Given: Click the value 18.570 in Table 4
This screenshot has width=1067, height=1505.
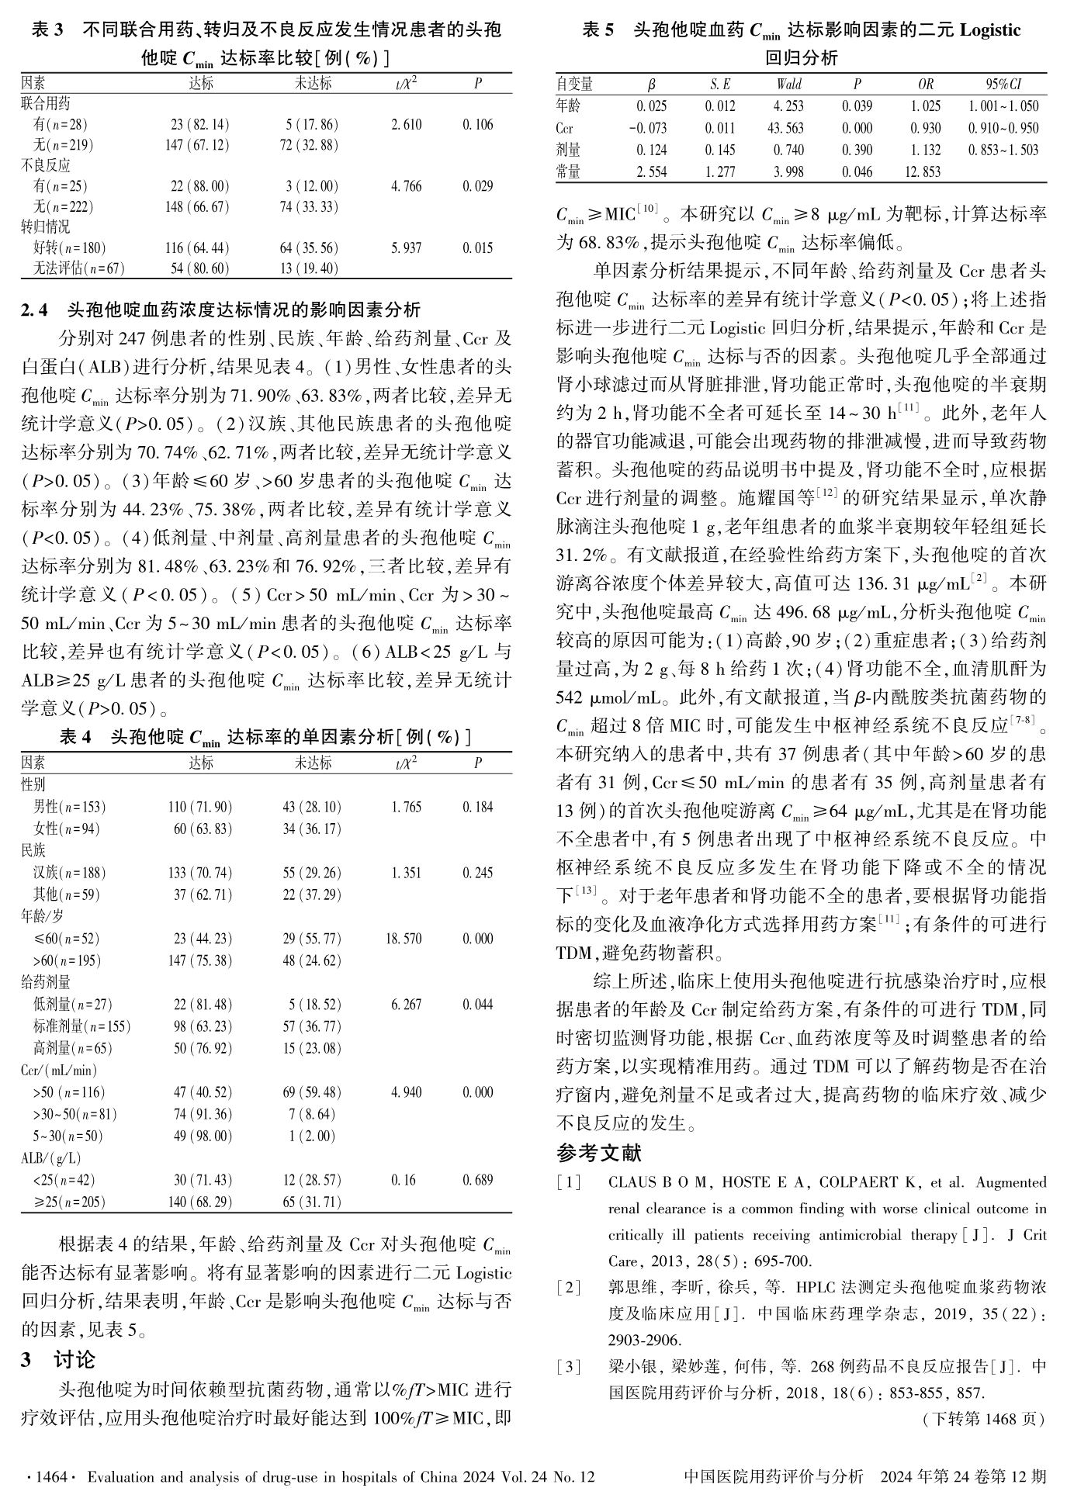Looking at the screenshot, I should (x=404, y=939).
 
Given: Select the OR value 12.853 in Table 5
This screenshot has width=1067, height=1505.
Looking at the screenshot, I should (x=926, y=172).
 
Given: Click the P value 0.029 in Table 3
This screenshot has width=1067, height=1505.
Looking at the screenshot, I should (x=477, y=186).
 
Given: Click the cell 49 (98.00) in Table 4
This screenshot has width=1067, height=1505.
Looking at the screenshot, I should (x=203, y=1137).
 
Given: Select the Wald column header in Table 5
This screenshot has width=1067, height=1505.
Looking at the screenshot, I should (x=788, y=85).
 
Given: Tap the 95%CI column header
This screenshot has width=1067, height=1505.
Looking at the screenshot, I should (x=1003, y=85).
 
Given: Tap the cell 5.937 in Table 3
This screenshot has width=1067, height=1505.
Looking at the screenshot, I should (x=407, y=248).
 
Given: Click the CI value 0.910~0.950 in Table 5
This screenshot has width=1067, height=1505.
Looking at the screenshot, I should (x=1003, y=128).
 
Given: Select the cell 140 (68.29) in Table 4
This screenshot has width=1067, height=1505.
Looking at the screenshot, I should (x=203, y=1202).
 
